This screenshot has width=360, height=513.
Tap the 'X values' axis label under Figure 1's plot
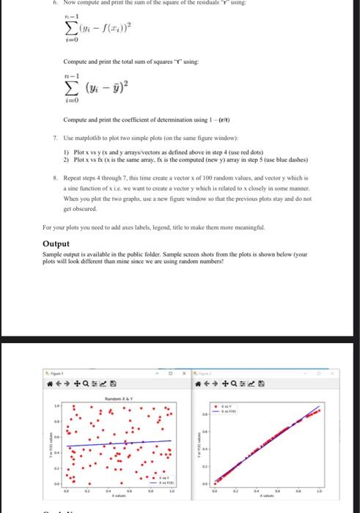[x=117, y=496]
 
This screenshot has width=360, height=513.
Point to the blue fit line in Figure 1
[x=117, y=444]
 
